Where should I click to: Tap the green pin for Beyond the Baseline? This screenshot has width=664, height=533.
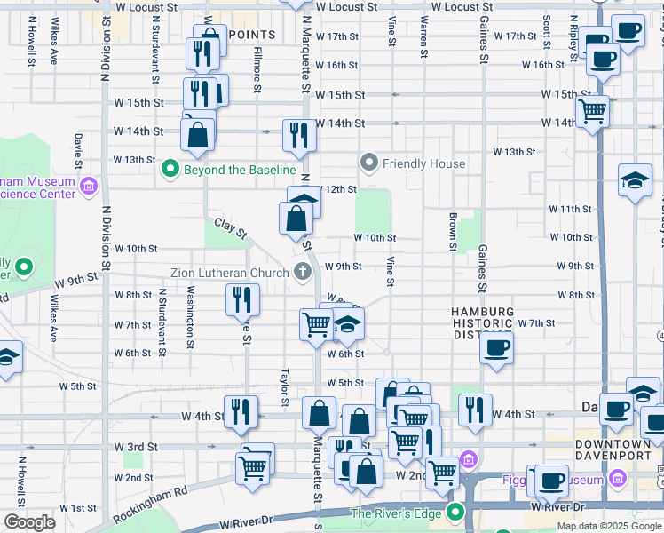[x=169, y=169]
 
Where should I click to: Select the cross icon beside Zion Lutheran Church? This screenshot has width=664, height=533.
[x=302, y=273]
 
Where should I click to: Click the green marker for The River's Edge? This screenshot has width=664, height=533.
[x=456, y=513]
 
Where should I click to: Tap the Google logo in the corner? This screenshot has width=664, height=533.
[x=29, y=522]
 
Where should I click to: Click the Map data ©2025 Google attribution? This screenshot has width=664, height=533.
[x=609, y=526]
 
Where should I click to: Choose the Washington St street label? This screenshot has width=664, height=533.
[x=191, y=318]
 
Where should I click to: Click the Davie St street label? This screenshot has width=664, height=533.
[x=79, y=151]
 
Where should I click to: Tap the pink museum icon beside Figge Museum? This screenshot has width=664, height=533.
[x=469, y=460]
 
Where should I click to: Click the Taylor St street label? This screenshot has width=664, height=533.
[x=285, y=386]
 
